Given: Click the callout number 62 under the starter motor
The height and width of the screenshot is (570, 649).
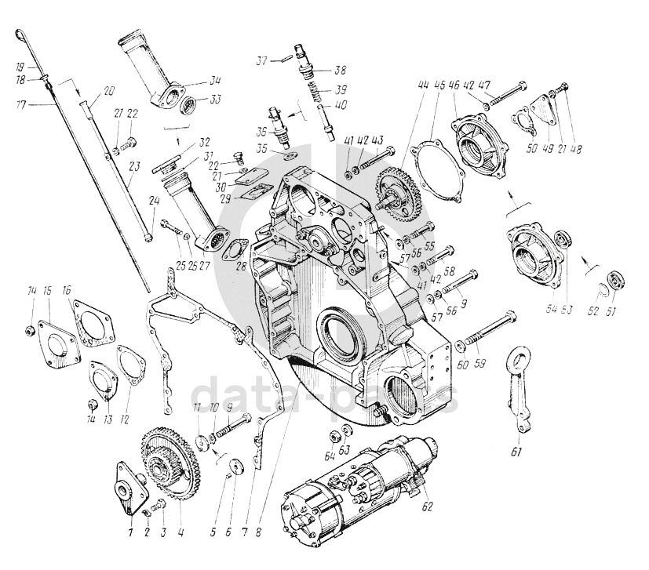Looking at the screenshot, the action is pyautogui.click(x=427, y=506).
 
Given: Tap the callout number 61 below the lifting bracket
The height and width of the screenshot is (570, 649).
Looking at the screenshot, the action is pyautogui.click(x=516, y=452).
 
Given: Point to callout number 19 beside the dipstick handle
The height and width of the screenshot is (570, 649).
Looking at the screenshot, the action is pyautogui.click(x=20, y=67).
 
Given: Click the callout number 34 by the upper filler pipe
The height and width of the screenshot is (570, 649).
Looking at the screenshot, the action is pyautogui.click(x=215, y=80).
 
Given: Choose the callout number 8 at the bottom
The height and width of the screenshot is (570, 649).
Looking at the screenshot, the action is pyautogui.click(x=258, y=532).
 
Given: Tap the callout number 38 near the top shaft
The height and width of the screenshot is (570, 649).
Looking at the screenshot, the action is pyautogui.click(x=341, y=70).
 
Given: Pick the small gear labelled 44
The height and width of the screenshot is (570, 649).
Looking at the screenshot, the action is pyautogui.click(x=398, y=188).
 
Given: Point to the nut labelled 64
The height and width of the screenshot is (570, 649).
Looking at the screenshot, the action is pyautogui.click(x=334, y=437).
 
